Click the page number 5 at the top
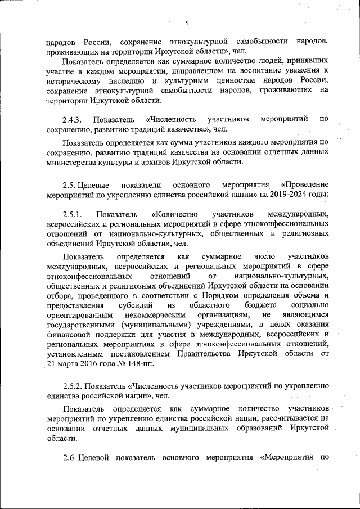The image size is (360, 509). coord(186,22)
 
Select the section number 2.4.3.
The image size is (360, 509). coord(73,120)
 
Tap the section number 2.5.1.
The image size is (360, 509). coord(73,214)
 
